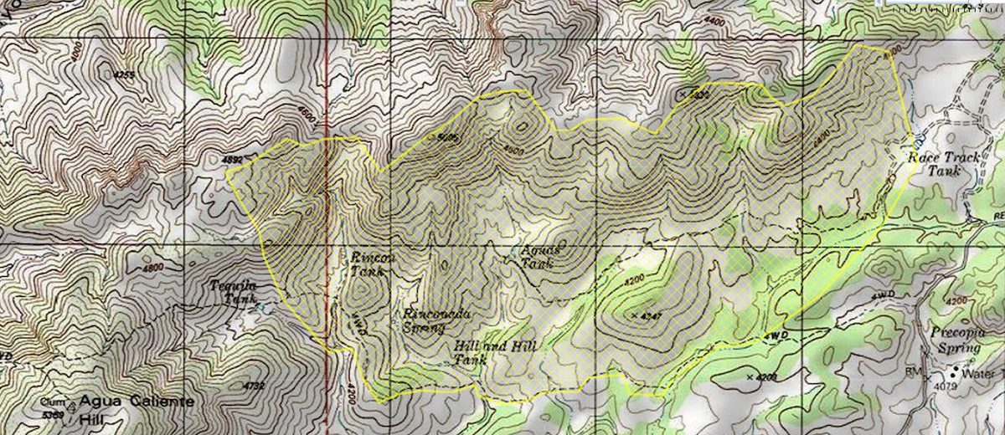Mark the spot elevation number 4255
(x=123, y=75)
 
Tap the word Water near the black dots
(x=980, y=373)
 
